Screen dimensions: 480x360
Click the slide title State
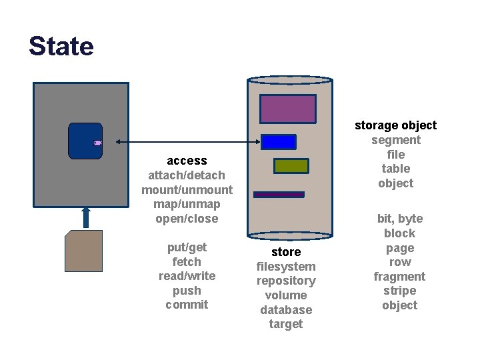(61, 46)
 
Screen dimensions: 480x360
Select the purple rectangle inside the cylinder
(288, 109)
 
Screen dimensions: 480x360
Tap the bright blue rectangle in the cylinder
(279, 142)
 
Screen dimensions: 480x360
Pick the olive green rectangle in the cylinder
(291, 166)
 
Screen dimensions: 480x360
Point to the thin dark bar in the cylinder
(279, 195)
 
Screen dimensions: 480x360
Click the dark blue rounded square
(85, 141)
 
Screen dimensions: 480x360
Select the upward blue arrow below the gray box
(85, 217)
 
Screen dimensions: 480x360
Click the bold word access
(187, 161)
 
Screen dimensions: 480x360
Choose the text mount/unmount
(187, 190)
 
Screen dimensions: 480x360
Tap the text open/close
(187, 219)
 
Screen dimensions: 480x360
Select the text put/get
(187, 247)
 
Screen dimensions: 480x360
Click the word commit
(187, 305)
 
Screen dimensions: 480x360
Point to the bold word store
(286, 252)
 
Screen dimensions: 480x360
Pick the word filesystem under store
(286, 267)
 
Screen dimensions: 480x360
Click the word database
(286, 310)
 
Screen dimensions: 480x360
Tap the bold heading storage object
(395, 125)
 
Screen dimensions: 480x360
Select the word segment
(395, 140)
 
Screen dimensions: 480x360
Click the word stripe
(399, 291)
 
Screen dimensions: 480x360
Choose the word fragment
(399, 277)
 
